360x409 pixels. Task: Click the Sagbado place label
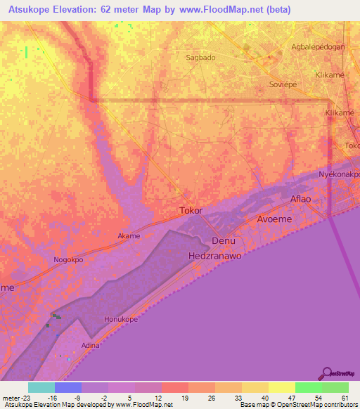tap(200, 58)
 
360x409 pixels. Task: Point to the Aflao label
tap(300, 199)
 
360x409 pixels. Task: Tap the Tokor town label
tap(191, 210)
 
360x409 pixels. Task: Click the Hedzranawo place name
tap(215, 257)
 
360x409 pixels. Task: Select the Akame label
tap(129, 236)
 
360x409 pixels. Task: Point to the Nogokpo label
tap(69, 259)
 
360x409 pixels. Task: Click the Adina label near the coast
tap(90, 345)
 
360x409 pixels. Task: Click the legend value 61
tap(344, 398)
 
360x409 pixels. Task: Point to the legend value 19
tap(184, 398)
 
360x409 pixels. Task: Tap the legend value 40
tap(264, 398)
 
